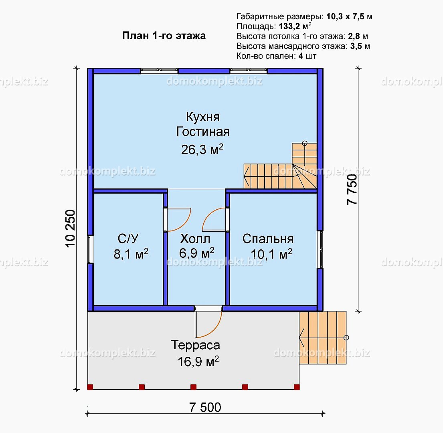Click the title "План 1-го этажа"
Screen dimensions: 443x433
[x=164, y=36]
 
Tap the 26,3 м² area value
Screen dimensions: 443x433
[x=202, y=149]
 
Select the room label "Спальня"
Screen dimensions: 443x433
[x=268, y=239]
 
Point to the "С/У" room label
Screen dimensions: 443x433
[x=128, y=239]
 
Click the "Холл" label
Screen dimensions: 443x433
[x=195, y=239]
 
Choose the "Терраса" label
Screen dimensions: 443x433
[x=195, y=345]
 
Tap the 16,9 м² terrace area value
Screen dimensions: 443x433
[x=198, y=362]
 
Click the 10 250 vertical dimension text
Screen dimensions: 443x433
[x=70, y=229]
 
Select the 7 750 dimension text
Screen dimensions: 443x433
[x=352, y=190]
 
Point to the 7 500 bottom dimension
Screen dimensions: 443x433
[x=205, y=407]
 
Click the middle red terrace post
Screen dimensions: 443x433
[x=193, y=387]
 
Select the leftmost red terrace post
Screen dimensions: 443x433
[x=90, y=387]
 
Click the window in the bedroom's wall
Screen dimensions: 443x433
[x=320, y=250]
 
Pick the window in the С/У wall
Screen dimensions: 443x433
[x=90, y=249]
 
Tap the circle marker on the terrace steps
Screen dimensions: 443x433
[x=346, y=338]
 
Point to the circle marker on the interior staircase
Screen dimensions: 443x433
[x=305, y=143]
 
